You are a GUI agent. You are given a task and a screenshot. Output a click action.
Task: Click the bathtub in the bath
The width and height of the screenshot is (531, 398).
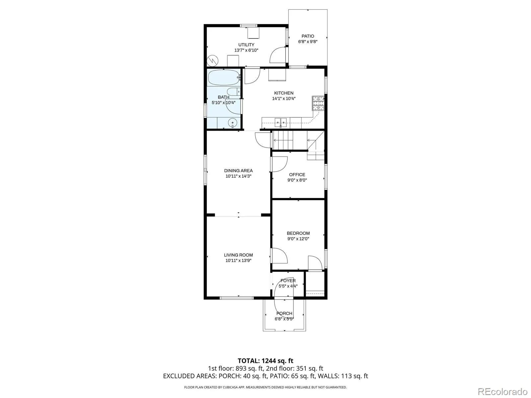tap(224, 77)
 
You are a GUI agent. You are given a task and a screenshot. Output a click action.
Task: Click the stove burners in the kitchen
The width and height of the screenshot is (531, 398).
tap(318, 103)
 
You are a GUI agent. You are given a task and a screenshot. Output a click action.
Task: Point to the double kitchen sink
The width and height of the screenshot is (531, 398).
tap(281, 122)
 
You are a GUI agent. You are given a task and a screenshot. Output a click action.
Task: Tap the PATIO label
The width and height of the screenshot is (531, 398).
tap(308, 36)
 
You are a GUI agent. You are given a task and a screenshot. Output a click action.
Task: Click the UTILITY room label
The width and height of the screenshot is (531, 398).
tap(246, 45)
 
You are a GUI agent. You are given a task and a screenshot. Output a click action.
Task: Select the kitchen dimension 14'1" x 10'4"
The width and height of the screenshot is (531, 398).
tap(284, 99)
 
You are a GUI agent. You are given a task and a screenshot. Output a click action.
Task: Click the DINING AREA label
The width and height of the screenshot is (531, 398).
tap(239, 170)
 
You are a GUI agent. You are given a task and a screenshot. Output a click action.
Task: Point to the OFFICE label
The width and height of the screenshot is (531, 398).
tap(297, 175)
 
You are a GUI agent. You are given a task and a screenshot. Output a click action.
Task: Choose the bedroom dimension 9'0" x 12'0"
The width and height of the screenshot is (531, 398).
tap(298, 239)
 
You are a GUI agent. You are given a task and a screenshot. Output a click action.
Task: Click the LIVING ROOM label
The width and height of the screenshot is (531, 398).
tap(239, 255)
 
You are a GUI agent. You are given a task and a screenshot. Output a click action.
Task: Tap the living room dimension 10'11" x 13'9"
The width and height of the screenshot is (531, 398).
tap(239, 260)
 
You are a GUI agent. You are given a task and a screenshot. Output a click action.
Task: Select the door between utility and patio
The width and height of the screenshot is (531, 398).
tap(278, 55)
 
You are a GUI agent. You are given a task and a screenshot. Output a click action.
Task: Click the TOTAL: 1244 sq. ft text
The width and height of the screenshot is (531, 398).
tap(265, 361)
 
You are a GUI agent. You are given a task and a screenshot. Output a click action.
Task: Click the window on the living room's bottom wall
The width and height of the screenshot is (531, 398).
tap(237, 298)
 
